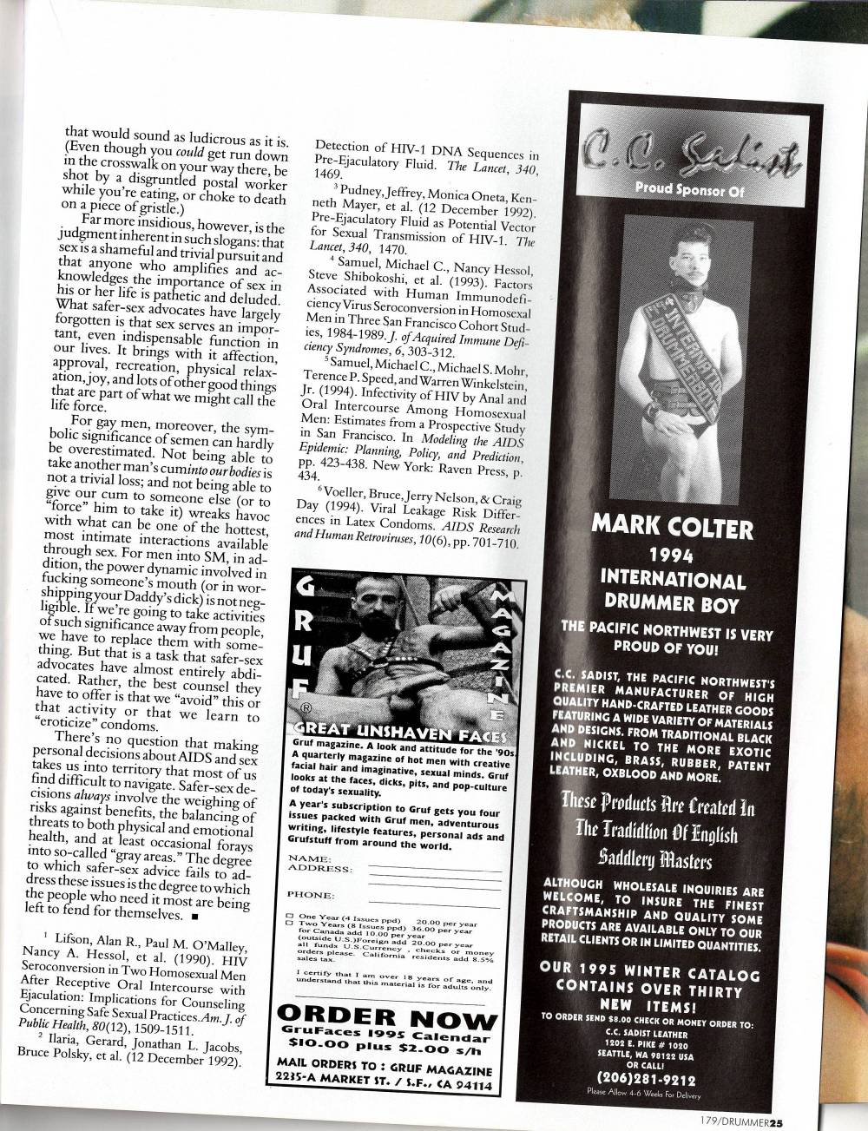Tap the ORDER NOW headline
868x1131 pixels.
pos(385,1020)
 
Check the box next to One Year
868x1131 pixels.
pos(290,917)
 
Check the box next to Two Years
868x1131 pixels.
pos(290,924)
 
